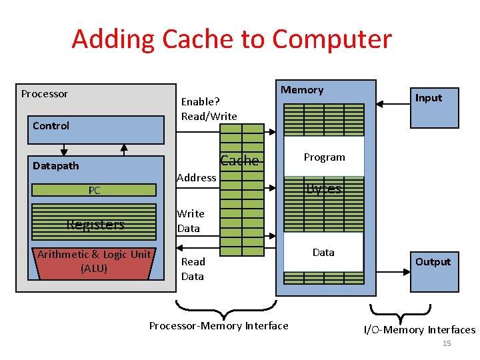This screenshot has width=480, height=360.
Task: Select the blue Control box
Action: pyautogui.click(x=97, y=129)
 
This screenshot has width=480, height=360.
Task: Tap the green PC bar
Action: pyautogui.click(x=95, y=191)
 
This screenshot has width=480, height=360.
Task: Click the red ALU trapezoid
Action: pyautogui.click(x=95, y=262)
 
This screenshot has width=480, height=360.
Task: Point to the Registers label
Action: pyautogui.click(x=95, y=225)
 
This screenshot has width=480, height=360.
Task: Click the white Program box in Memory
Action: pyautogui.click(x=324, y=157)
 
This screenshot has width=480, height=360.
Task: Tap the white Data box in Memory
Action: pyautogui.click(x=323, y=253)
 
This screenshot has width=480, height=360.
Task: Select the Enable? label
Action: pyautogui.click(x=201, y=101)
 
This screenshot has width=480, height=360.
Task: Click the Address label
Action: pyautogui.click(x=196, y=177)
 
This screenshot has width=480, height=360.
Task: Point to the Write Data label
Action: pyautogui.click(x=190, y=221)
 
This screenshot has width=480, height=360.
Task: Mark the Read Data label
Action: pyautogui.click(x=193, y=269)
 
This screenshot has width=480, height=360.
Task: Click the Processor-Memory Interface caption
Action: pyautogui.click(x=219, y=326)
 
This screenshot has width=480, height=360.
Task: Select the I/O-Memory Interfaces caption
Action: pyautogui.click(x=419, y=330)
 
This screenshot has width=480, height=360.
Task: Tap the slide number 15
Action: pyautogui.click(x=447, y=343)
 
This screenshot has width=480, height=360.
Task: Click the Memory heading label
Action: pyautogui.click(x=302, y=90)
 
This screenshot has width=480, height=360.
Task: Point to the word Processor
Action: pyautogui.click(x=45, y=94)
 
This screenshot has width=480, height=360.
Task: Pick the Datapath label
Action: pyautogui.click(x=56, y=165)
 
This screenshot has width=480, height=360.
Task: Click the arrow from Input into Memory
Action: pyautogui.click(x=393, y=104)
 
